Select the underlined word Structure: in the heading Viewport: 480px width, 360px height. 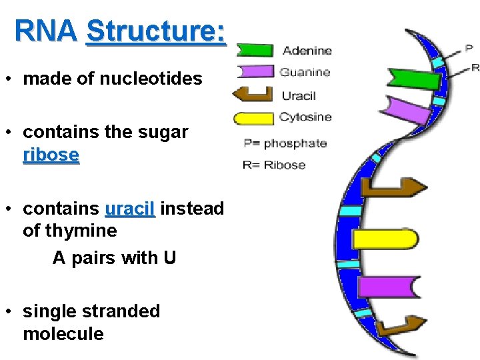[x=156, y=31]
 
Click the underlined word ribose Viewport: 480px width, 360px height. [x=51, y=155]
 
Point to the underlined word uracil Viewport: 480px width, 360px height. [x=130, y=209]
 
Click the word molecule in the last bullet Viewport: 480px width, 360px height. [x=63, y=333]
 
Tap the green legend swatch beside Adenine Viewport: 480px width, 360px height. [x=254, y=51]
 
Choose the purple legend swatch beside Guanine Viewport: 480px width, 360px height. [x=254, y=71]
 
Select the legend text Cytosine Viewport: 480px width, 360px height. [x=305, y=117]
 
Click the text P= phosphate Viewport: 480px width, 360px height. [x=285, y=143]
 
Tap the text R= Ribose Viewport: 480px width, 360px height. [x=275, y=165]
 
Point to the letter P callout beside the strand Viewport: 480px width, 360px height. [x=469, y=49]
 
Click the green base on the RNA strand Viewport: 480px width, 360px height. [x=413, y=78]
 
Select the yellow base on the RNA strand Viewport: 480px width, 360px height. [x=383, y=239]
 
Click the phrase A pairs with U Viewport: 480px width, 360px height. [x=114, y=257]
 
